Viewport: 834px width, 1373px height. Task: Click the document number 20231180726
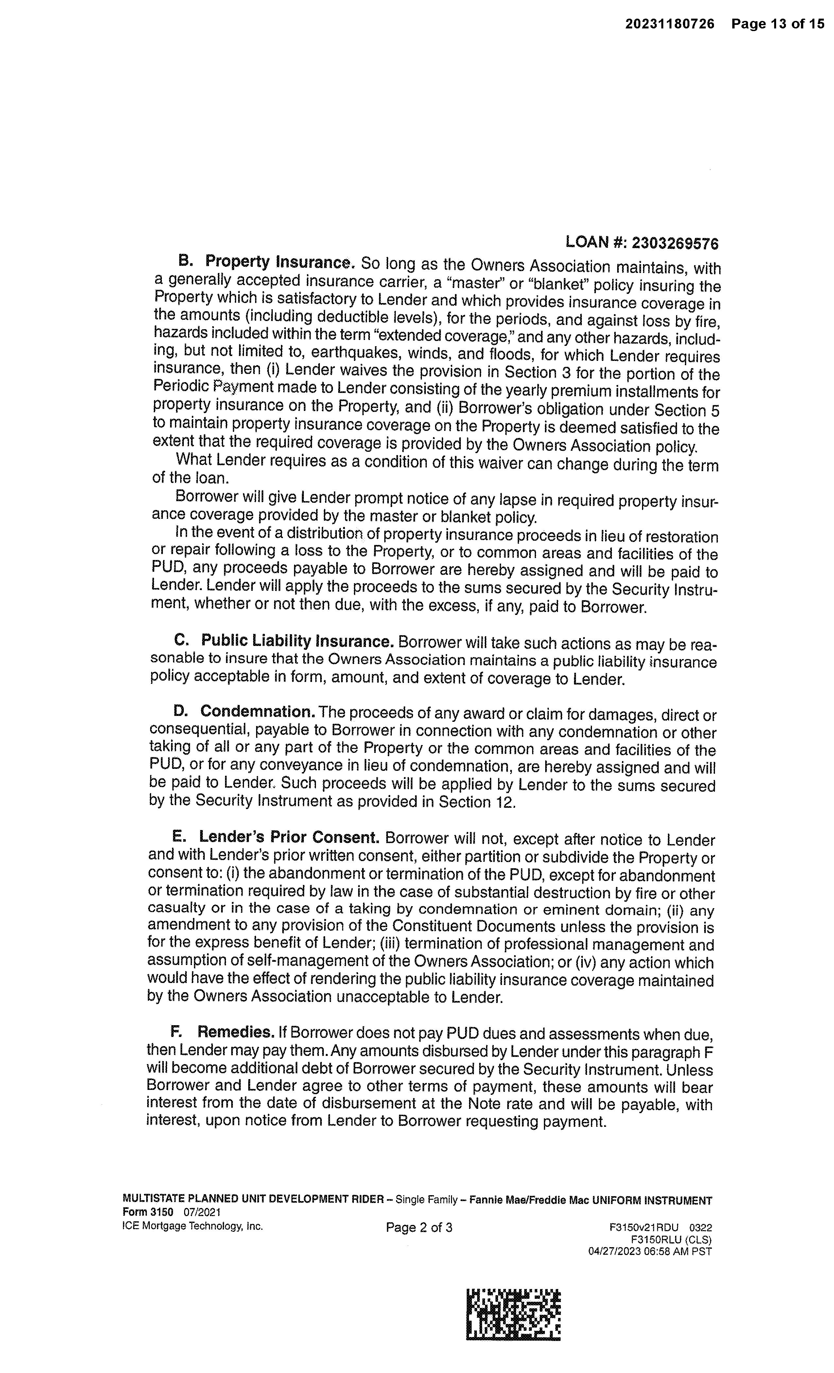pyautogui.click(x=669, y=24)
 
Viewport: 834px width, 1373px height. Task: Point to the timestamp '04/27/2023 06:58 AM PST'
pyautogui.click(x=650, y=1251)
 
